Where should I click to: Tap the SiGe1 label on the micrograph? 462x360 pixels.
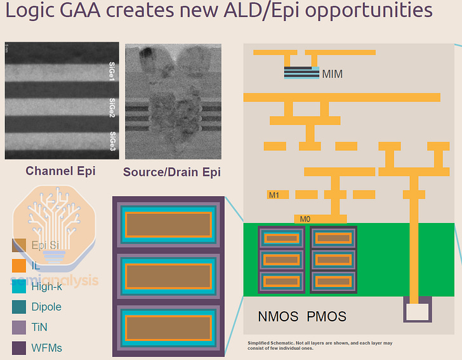click(x=112, y=62)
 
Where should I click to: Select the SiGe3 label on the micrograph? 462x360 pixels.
click(x=112, y=140)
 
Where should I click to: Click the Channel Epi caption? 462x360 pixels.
click(x=60, y=171)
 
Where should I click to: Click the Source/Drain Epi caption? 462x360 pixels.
click(x=172, y=172)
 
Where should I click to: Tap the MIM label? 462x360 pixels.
click(x=332, y=74)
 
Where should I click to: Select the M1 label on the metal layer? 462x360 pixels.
click(x=274, y=195)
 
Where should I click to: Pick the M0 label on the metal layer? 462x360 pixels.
click(x=305, y=219)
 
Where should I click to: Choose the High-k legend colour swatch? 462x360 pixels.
click(x=19, y=286)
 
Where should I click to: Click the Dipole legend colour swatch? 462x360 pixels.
click(x=19, y=307)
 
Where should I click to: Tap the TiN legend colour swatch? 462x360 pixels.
click(x=19, y=327)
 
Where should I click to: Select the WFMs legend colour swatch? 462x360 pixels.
click(x=19, y=347)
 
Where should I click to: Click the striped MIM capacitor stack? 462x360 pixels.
click(x=301, y=73)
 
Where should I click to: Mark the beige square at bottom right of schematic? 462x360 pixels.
click(x=418, y=312)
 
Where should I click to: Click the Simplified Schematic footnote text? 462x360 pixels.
click(x=320, y=345)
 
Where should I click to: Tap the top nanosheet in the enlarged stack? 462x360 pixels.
click(x=168, y=224)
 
